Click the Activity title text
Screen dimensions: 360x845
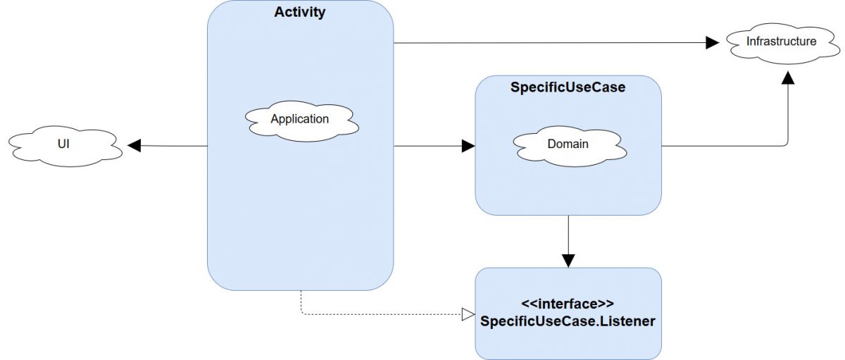click(300, 13)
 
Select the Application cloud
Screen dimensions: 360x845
click(300, 119)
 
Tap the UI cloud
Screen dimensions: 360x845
click(63, 146)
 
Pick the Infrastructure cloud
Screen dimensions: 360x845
click(781, 42)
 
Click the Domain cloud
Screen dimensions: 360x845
click(568, 144)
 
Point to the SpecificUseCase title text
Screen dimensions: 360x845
click(568, 88)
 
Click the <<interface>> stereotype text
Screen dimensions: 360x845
click(568, 304)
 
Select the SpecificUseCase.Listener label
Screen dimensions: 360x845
click(568, 321)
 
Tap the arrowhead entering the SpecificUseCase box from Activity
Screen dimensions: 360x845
click(468, 147)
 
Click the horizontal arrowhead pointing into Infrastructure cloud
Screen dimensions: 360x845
click(712, 43)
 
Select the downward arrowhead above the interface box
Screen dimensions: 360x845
click(568, 261)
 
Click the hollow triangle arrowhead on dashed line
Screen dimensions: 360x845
click(468, 314)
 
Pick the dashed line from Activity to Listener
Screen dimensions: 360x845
click(380, 314)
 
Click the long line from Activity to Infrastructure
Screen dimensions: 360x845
click(549, 43)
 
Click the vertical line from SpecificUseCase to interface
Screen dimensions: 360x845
click(568, 236)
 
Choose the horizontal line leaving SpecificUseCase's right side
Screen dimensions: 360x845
click(718, 147)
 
